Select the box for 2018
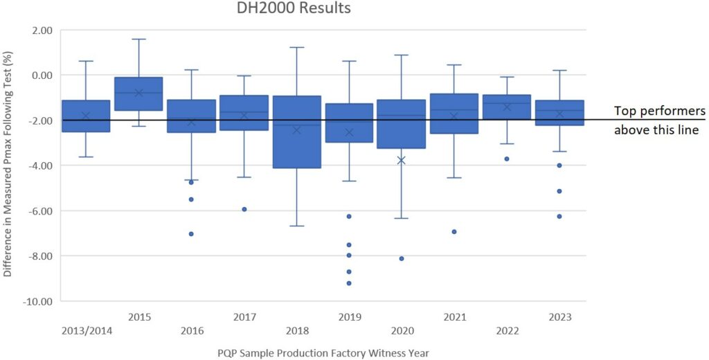point(296,132)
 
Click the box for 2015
point(138,93)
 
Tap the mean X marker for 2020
point(401,160)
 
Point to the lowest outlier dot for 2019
point(349,283)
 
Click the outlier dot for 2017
point(244,209)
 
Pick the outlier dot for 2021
point(454,232)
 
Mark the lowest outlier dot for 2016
point(191,234)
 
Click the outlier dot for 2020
point(402,259)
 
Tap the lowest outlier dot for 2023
point(559,216)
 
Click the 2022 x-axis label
point(507,331)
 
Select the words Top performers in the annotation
point(659,111)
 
